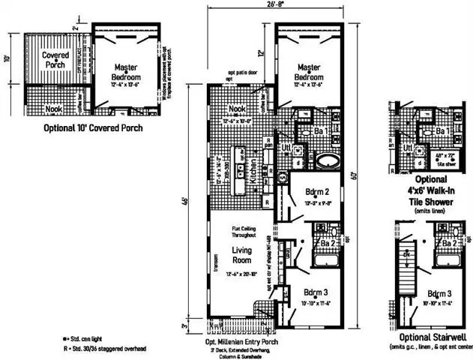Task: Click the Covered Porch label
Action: click(55, 61)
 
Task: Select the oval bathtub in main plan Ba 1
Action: click(327, 160)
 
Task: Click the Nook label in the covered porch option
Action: click(53, 109)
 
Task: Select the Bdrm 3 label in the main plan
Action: click(313, 296)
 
